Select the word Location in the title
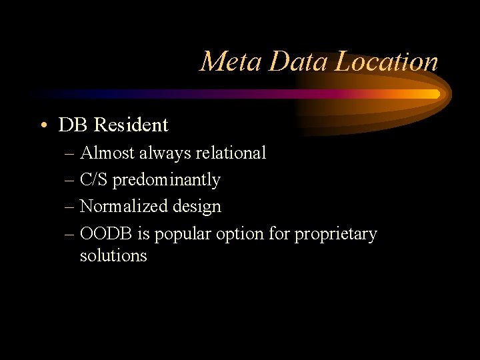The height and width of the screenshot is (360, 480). pos(387,62)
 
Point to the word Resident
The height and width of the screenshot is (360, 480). pos(131,125)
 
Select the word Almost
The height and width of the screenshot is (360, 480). pos(107,153)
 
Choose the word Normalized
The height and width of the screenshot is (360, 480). pos(123,207)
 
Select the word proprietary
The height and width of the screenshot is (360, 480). pos(336,235)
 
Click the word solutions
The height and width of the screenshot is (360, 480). pos(113,255)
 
